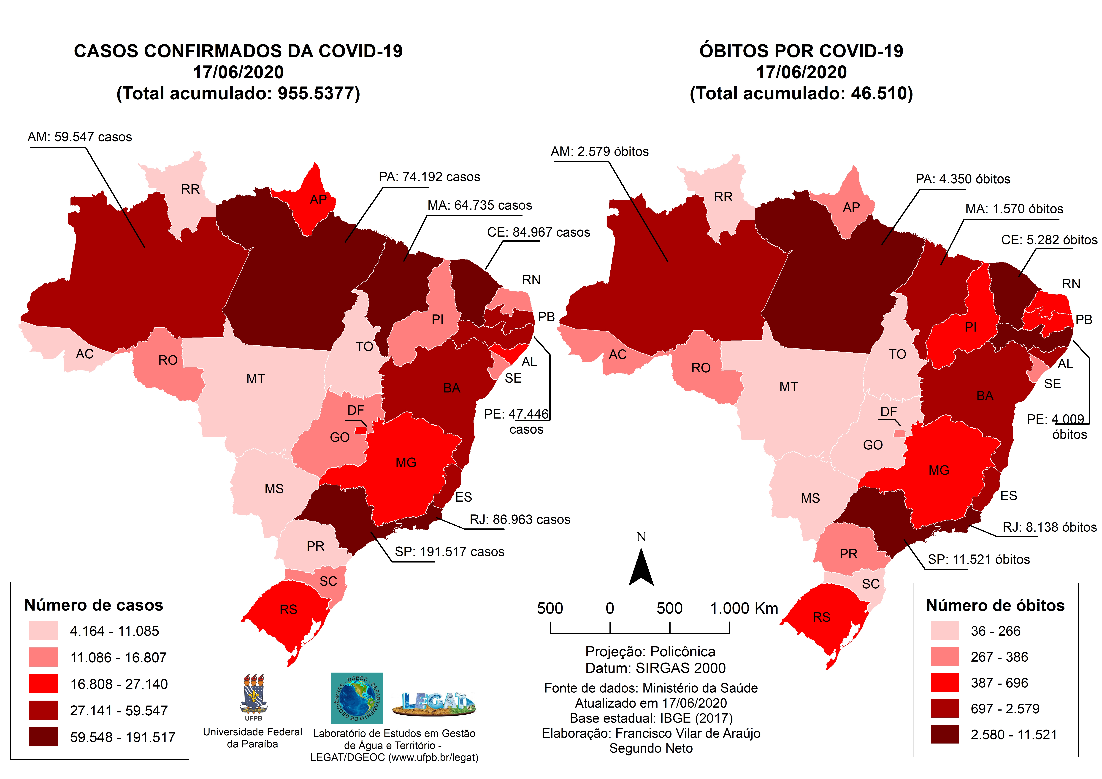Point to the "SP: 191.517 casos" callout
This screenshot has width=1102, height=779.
coord(449,552)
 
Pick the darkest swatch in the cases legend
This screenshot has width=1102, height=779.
coord(43,737)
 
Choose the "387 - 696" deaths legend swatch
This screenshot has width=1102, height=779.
coord(945,682)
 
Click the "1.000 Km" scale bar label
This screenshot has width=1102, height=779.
coord(744,609)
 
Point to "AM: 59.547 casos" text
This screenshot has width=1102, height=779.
coord(80,137)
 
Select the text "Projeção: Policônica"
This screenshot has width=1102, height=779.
coord(650,652)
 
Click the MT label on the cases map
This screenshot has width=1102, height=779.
coord(255,379)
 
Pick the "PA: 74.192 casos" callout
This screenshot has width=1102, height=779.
coord(430,177)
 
